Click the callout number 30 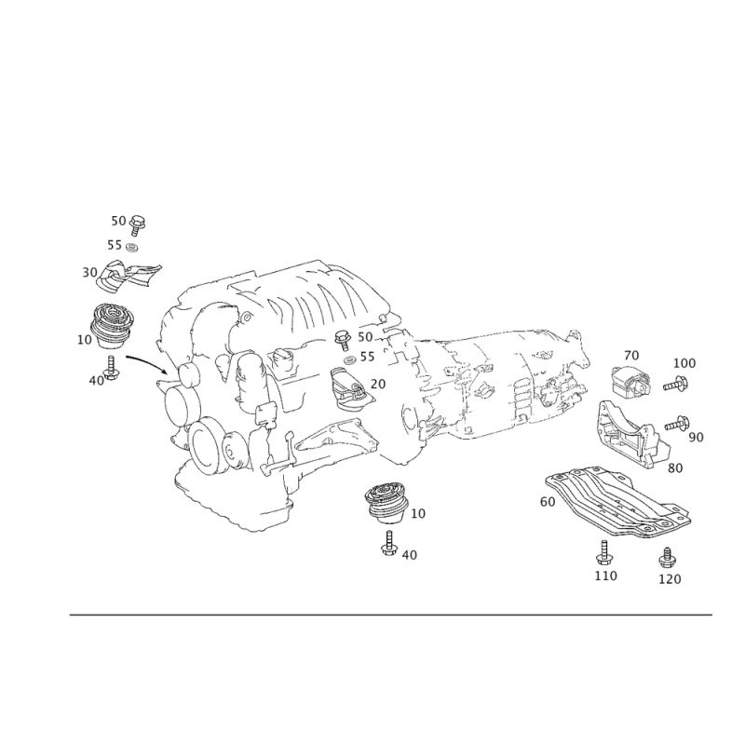[89, 273]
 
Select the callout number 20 [378, 384]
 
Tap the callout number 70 [631, 356]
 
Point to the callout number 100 [684, 363]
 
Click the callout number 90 [696, 437]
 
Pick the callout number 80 [675, 468]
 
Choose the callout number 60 [548, 502]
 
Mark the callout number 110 [606, 576]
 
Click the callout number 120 [670, 579]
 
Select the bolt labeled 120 [667, 557]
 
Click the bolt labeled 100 [676, 384]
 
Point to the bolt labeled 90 [677, 423]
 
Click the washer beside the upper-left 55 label [131, 247]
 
